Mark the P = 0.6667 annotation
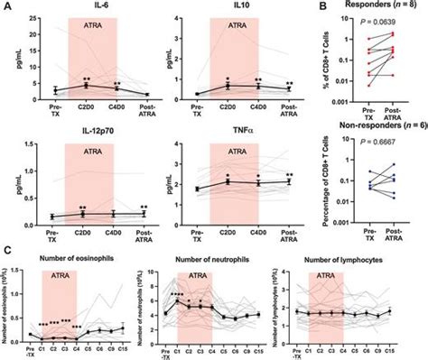coord(358,143)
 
